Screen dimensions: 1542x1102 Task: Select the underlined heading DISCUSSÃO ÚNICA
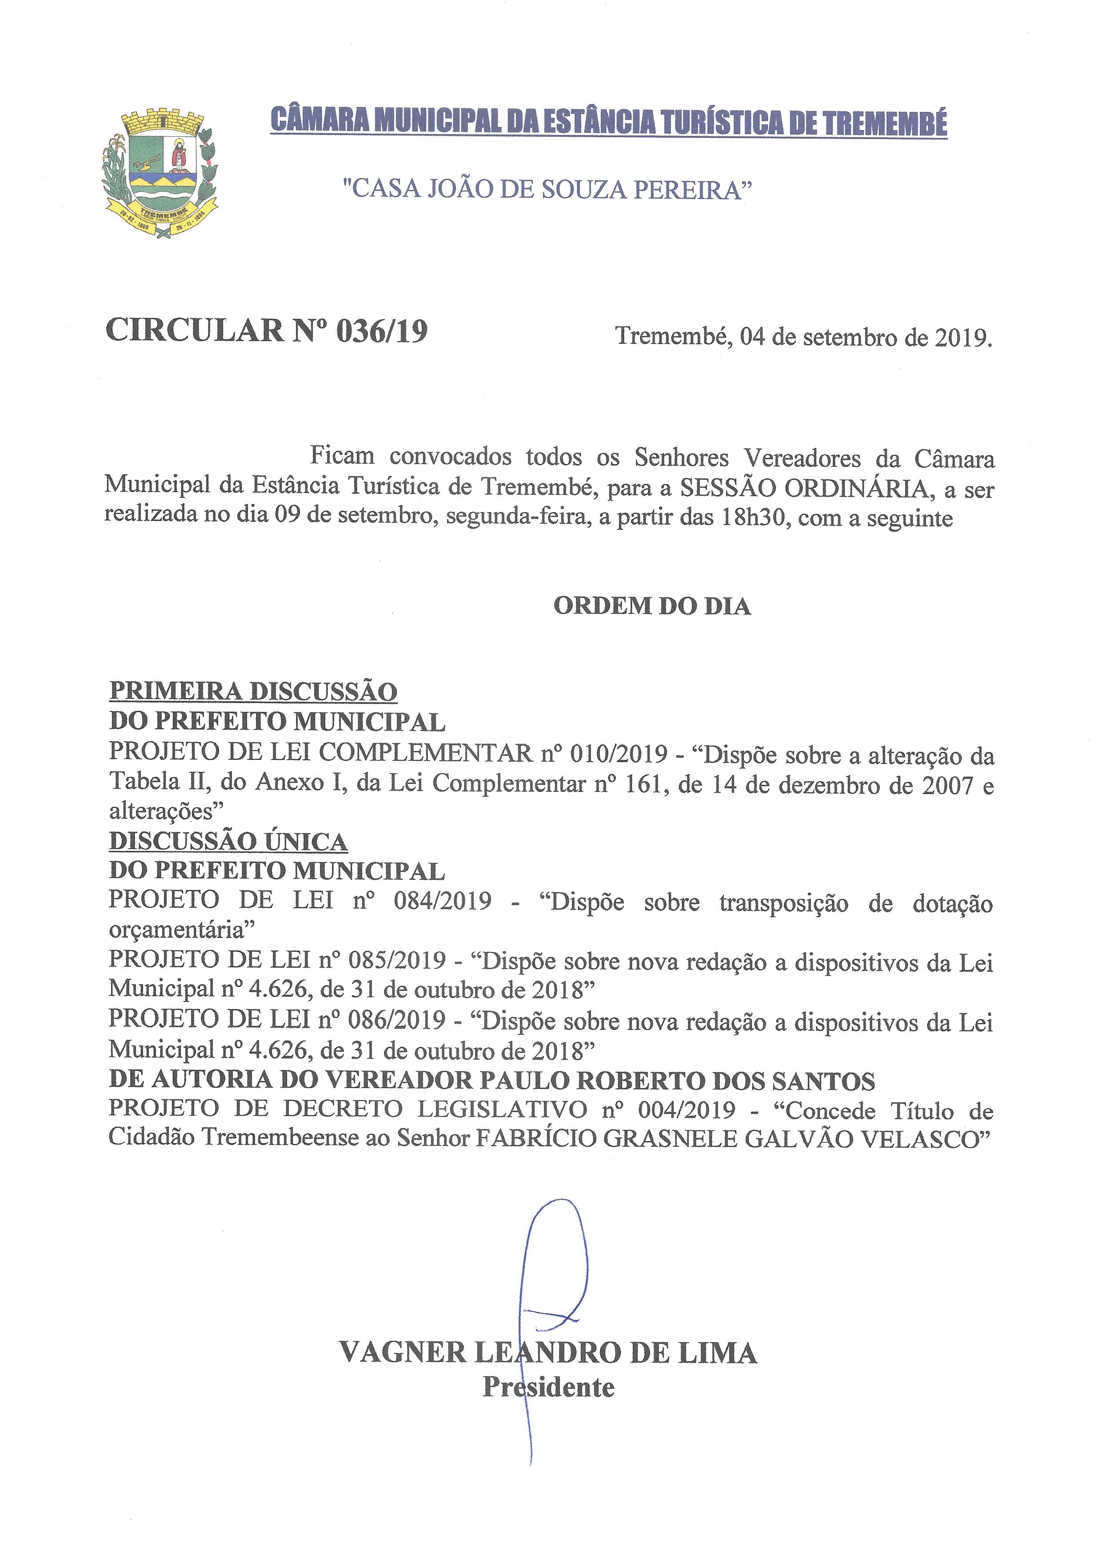228,842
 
